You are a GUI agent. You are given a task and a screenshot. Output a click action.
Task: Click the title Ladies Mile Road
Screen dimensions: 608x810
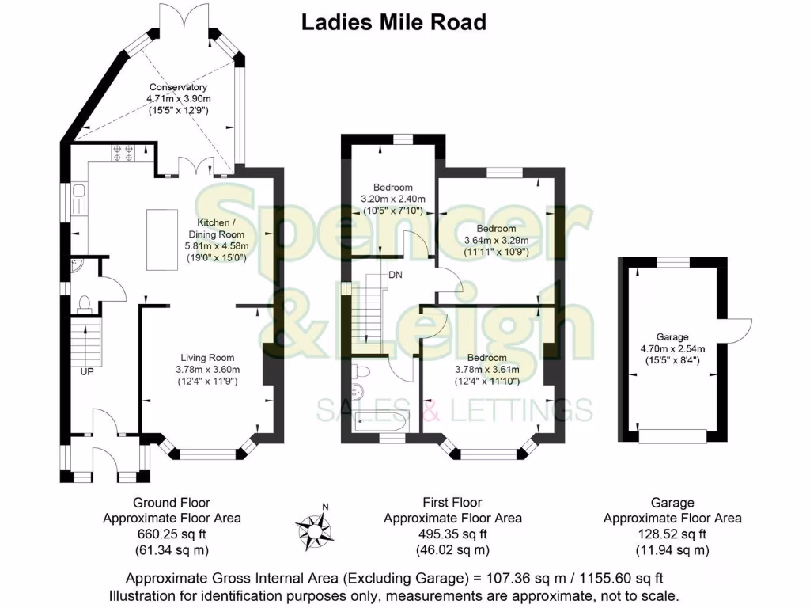(393, 22)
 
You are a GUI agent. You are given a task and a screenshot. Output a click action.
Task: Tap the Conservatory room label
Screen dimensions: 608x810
(177, 87)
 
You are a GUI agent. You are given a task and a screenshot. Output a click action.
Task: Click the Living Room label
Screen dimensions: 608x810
(207, 357)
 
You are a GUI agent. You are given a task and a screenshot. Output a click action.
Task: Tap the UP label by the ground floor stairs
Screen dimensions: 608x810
(86, 370)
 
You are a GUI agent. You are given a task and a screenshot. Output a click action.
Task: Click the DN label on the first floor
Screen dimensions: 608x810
(395, 275)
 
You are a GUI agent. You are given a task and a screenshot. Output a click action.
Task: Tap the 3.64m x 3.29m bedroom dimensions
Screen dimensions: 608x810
(496, 240)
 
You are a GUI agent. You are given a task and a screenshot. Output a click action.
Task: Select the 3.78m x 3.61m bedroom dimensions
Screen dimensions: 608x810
(486, 369)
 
